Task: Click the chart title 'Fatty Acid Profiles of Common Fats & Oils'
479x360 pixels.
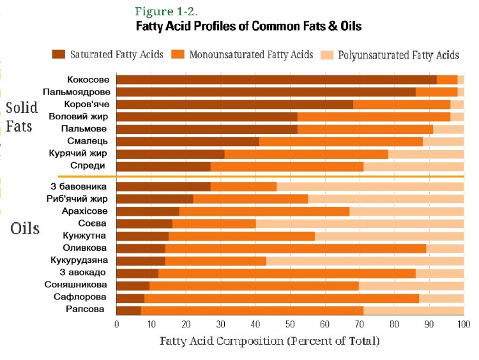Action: tap(248, 27)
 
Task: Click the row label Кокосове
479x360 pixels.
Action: tap(88, 80)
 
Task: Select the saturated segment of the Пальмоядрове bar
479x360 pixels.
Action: tap(266, 92)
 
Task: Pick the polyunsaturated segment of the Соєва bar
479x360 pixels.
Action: tap(360, 223)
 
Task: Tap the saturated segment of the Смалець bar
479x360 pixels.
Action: tap(188, 141)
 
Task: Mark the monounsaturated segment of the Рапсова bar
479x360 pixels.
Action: tap(252, 310)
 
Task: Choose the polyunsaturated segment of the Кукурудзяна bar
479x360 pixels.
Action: tap(365, 260)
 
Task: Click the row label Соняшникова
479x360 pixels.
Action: tap(76, 285)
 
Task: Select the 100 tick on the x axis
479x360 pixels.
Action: tap(463, 324)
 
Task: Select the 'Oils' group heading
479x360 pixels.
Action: tap(25, 228)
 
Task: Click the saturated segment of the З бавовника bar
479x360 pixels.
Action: tap(163, 186)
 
